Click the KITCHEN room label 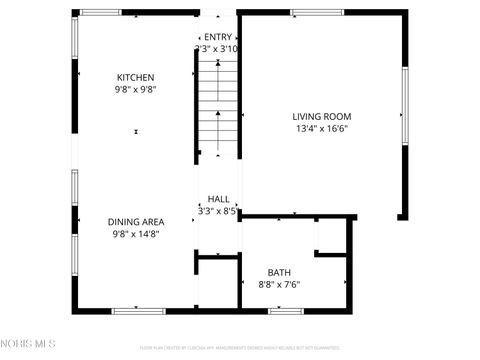[x=136, y=77]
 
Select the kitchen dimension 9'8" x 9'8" [x=136, y=89]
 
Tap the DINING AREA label [x=136, y=222]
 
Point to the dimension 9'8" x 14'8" [x=135, y=234]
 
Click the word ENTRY [x=217, y=37]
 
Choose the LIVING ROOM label [x=322, y=116]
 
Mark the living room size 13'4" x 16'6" [x=322, y=128]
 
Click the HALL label [x=217, y=199]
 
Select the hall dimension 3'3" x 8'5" [x=217, y=211]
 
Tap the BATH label [x=279, y=272]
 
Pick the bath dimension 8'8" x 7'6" [x=279, y=284]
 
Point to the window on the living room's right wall [x=405, y=106]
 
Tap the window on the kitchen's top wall [x=100, y=12]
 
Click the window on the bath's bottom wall [x=286, y=311]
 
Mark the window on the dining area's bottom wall [x=138, y=311]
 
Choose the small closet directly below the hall [x=218, y=284]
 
